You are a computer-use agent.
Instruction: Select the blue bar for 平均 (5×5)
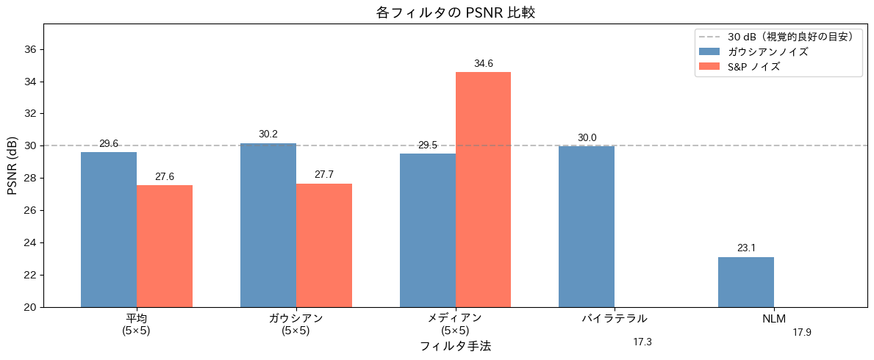(x=109, y=229)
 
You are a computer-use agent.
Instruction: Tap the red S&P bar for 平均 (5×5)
(x=165, y=245)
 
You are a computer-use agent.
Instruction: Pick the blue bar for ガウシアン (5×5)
(x=268, y=225)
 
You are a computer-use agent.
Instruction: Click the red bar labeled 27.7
(x=324, y=245)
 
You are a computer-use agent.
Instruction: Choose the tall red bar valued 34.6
(x=483, y=189)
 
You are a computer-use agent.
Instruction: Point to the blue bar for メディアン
(x=428, y=230)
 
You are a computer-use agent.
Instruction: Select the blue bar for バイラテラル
(x=587, y=226)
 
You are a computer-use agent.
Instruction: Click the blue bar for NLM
(x=746, y=281)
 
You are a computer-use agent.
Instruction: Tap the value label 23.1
(x=746, y=248)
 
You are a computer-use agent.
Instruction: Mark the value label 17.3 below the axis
(x=642, y=342)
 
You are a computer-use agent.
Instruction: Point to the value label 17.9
(x=802, y=333)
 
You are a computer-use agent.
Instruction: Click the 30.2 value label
(x=268, y=134)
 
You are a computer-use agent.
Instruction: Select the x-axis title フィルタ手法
(x=455, y=346)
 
